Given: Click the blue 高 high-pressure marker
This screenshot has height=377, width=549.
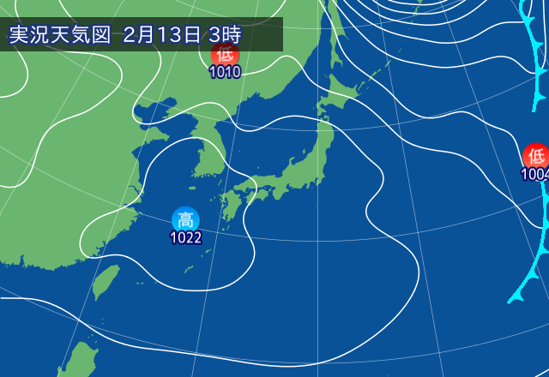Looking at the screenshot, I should coord(185,219).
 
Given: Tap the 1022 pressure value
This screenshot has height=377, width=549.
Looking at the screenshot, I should coord(185,237).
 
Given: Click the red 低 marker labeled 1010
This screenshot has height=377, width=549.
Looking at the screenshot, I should coord(225,54).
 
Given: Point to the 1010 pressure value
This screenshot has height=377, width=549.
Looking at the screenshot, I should coord(225,72).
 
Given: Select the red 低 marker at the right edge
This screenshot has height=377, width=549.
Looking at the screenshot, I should coord(536,156).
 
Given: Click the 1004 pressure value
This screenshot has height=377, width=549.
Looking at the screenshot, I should coord(534,174).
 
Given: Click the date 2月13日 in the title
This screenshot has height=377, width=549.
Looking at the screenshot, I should coord(162,35).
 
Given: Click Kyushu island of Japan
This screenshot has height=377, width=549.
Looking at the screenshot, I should coord(230,207).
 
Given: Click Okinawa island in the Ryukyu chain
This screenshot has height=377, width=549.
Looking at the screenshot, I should coord(188,267).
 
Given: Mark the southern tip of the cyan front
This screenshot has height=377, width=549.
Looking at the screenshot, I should coord(512,300).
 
